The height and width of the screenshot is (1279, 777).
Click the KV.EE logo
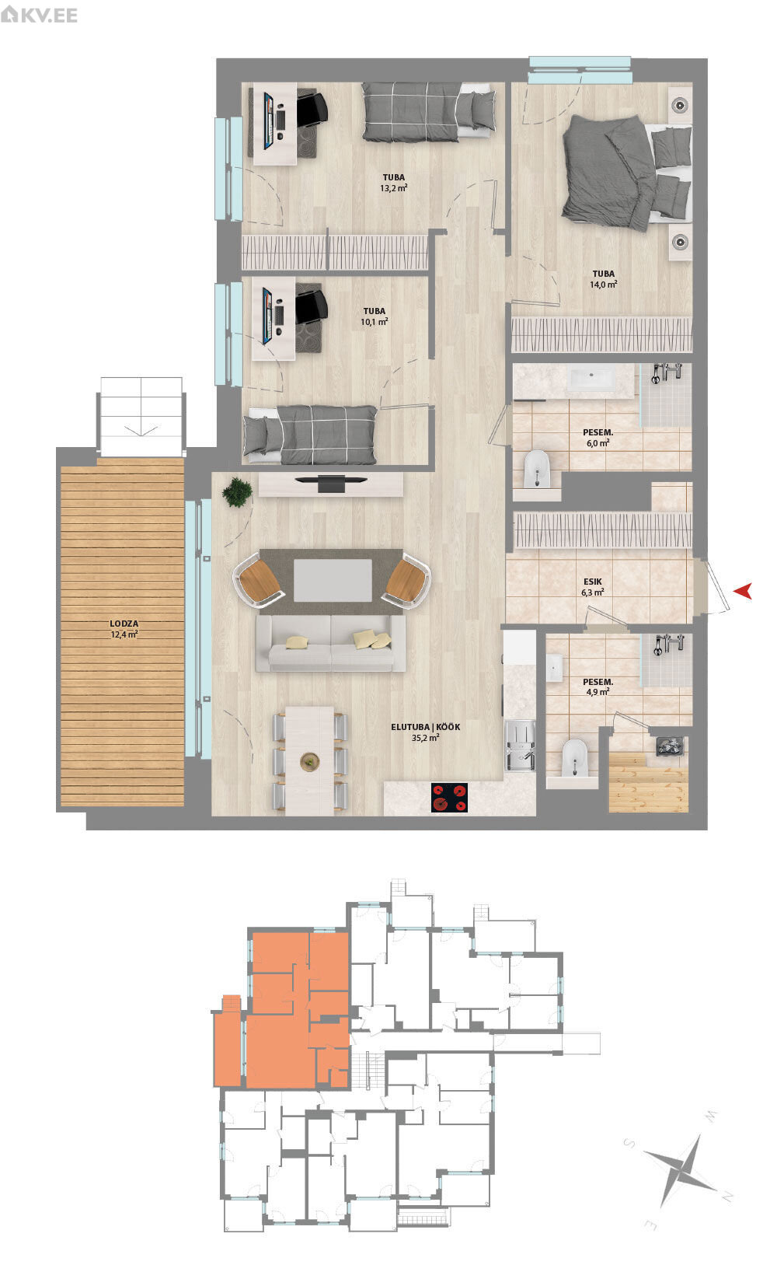pyautogui.click(x=39, y=14)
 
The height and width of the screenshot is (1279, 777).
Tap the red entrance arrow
pyautogui.click(x=743, y=591)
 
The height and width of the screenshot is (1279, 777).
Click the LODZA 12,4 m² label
pyautogui.click(x=124, y=629)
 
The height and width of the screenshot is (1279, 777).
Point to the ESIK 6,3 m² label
pyautogui.click(x=593, y=587)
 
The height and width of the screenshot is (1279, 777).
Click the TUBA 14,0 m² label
pyautogui.click(x=603, y=278)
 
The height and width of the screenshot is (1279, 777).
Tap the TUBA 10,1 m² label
pyautogui.click(x=375, y=316)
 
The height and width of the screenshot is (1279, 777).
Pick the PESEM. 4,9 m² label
pyautogui.click(x=598, y=687)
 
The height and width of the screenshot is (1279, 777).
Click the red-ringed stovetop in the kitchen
pyautogui.click(x=450, y=797)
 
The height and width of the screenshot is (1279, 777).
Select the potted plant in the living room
pyautogui.click(x=237, y=491)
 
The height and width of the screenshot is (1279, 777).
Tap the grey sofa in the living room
pyautogui.click(x=331, y=643)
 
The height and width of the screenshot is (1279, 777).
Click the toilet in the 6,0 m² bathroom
pyautogui.click(x=537, y=470)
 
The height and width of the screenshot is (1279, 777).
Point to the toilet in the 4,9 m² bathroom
pyautogui.click(x=574, y=758)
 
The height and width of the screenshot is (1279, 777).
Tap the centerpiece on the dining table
pyautogui.click(x=310, y=760)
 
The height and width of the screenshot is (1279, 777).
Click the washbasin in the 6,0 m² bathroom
pyautogui.click(x=591, y=378)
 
